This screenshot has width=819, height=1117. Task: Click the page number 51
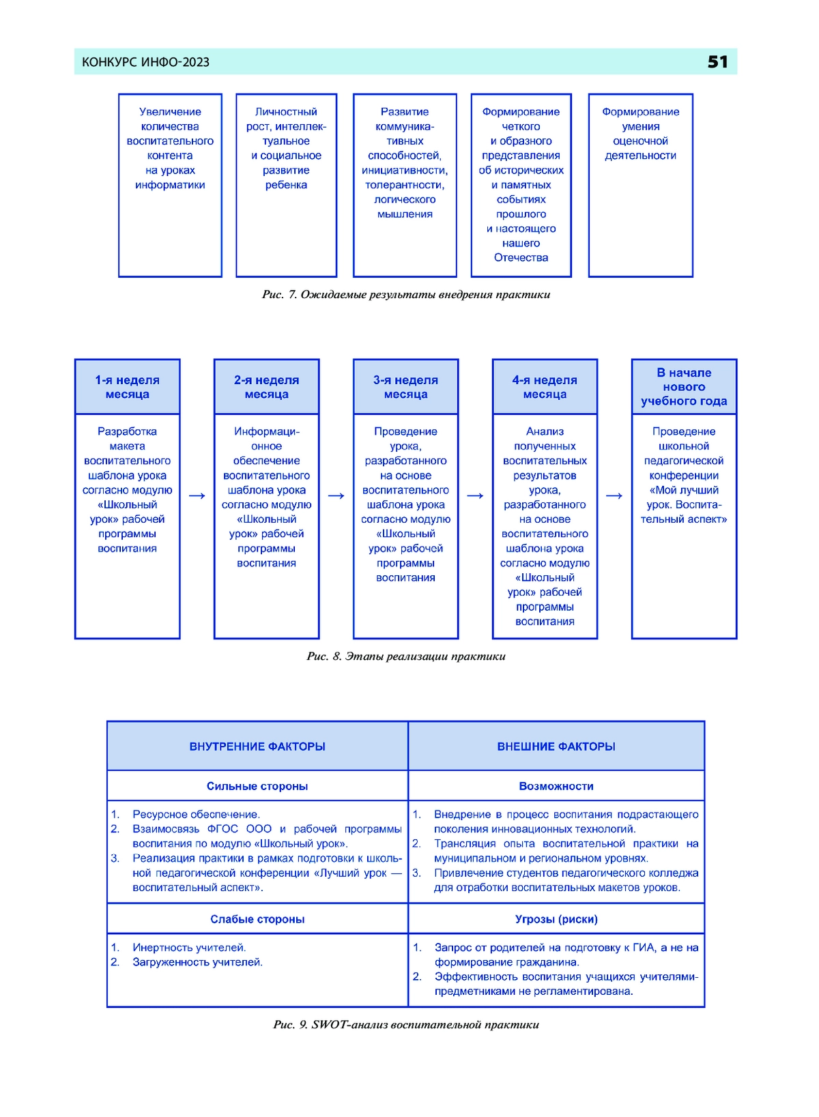(717, 61)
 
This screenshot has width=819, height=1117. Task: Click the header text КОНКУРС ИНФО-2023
(145, 62)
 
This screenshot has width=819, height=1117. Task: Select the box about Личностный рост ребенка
(286, 185)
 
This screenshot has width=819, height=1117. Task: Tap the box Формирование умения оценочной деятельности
(640, 185)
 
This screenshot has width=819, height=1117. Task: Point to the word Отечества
(521, 257)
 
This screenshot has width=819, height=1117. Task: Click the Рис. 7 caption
(406, 294)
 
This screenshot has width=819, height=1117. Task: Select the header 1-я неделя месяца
(127, 387)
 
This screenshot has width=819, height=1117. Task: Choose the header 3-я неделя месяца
(405, 387)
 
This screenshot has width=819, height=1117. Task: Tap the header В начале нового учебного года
(684, 386)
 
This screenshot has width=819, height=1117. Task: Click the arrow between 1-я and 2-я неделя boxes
(197, 495)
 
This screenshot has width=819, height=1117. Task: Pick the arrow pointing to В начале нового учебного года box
(614, 495)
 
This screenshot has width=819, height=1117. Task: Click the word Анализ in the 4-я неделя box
(545, 431)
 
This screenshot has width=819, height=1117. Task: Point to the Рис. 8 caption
(406, 656)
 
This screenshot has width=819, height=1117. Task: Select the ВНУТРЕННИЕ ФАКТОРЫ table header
(257, 746)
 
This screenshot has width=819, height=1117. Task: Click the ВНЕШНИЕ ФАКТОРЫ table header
(556, 746)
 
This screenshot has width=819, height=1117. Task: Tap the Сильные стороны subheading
(257, 786)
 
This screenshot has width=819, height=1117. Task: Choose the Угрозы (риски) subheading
(556, 919)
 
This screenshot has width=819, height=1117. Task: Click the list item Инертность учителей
(189, 948)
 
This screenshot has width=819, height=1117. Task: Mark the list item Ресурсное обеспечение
(195, 814)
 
